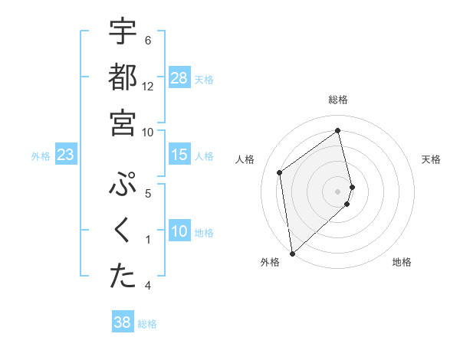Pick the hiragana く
tap(123, 231)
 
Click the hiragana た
tap(123, 277)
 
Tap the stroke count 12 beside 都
tap(148, 87)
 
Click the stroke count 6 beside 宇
tap(148, 40)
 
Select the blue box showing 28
tap(179, 78)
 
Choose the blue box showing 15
tap(179, 155)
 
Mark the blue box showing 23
tap(66, 155)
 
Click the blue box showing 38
tap(122, 322)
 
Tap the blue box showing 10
tap(179, 231)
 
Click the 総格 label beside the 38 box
tap(147, 324)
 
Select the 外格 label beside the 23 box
tap(41, 156)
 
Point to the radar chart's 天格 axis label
tap(432, 159)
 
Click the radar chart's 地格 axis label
tap(402, 262)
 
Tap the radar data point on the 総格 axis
tap(338, 130)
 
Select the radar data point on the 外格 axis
tap(291, 254)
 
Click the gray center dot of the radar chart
tap(338, 190)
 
